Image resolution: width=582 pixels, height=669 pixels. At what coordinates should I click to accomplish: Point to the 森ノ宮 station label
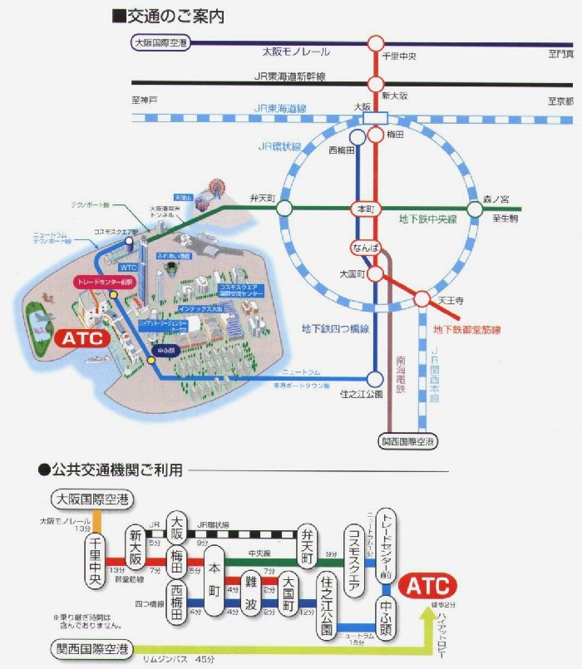click(498, 199)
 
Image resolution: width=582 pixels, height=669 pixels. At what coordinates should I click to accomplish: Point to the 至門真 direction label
click(560, 53)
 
